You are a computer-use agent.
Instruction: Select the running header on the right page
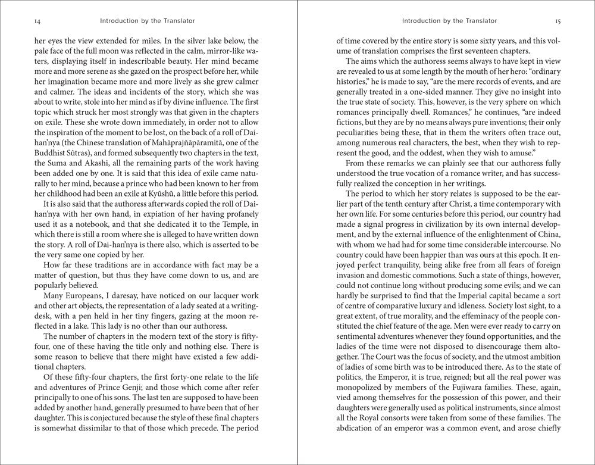pyautogui.click(x=449, y=21)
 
